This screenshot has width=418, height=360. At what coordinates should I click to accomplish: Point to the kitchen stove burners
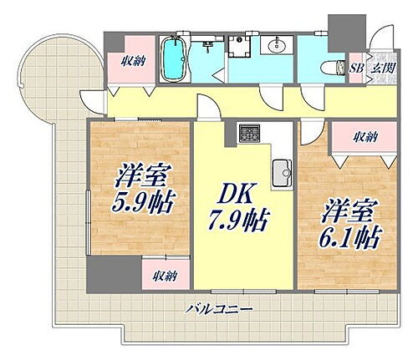[x=249, y=132]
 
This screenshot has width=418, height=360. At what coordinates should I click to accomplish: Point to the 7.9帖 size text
[x=238, y=221]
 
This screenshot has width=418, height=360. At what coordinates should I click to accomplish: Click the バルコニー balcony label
[x=220, y=309]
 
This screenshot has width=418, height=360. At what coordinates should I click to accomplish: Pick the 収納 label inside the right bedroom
[x=364, y=136]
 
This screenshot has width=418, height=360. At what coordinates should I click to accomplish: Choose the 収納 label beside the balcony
[x=164, y=275]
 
